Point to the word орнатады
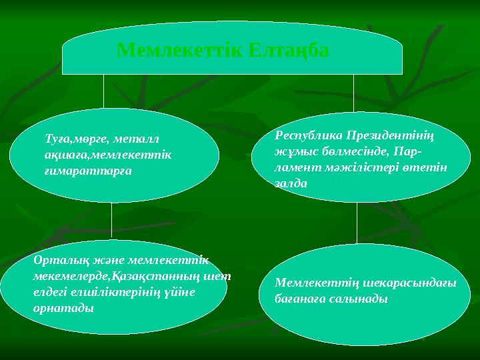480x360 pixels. click(63, 309)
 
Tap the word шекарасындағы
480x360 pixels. click(413, 283)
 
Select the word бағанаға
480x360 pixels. click(299, 299)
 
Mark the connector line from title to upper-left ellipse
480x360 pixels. click(104, 92)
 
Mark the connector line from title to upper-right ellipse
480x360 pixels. click(353, 92)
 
